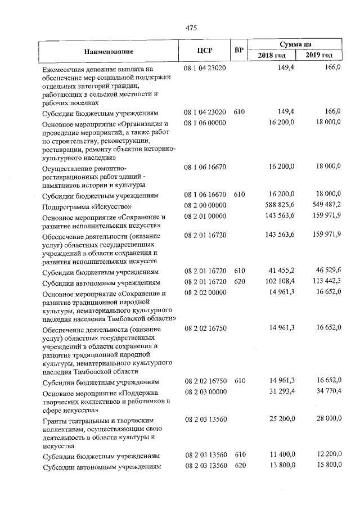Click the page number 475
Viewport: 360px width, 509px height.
190,28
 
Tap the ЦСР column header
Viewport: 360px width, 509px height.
204,51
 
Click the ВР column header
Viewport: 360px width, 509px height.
239,51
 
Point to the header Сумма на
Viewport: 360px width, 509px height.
296,44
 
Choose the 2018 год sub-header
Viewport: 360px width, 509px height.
272,56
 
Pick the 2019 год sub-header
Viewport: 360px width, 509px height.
319,56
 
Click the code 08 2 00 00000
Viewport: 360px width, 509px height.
205,206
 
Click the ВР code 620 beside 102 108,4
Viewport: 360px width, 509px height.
239,282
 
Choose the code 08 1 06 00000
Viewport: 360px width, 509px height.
205,123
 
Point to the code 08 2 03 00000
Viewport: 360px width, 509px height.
205,391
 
